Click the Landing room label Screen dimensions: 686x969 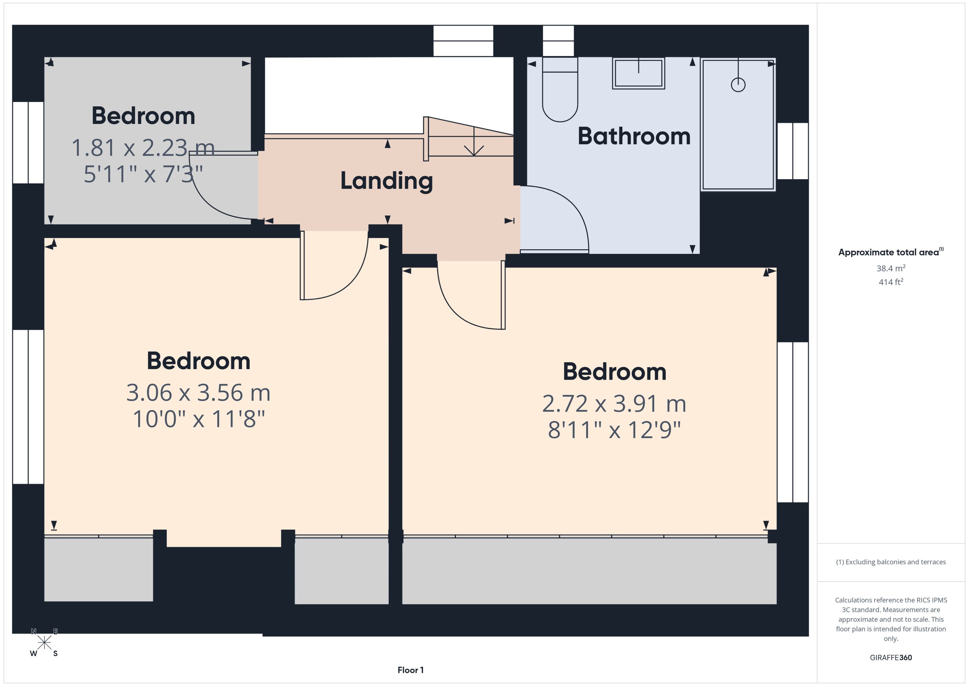point(386,181)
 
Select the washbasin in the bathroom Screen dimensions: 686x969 point(638,73)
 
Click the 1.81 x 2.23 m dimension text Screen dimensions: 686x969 point(143,148)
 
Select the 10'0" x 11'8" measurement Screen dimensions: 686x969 point(199,419)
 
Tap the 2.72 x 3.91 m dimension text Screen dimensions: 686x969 point(614,404)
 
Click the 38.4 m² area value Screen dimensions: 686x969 point(890,268)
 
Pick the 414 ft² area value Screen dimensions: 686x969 point(890,282)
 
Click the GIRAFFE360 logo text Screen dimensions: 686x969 point(890,657)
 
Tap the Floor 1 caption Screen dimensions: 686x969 point(410,670)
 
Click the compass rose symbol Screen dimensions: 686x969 point(44,643)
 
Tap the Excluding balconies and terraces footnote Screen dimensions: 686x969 point(890,562)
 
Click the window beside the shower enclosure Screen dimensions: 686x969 point(793,151)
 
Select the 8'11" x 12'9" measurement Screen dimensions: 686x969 point(614,430)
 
